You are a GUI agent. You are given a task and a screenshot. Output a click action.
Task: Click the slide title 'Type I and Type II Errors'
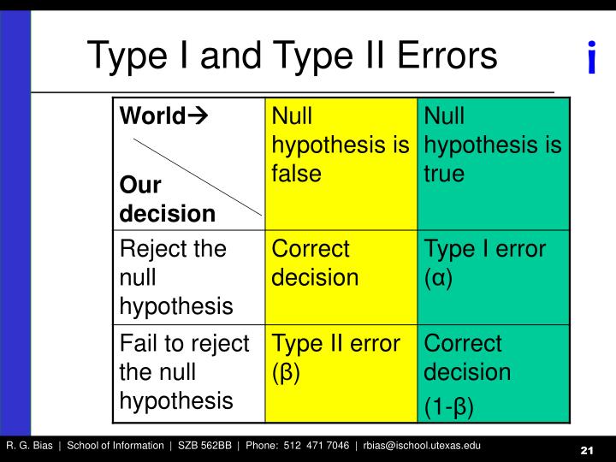click(x=292, y=56)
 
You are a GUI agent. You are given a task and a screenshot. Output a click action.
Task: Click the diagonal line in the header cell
click(x=197, y=175)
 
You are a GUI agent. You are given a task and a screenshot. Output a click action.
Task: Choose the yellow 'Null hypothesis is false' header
click(x=340, y=145)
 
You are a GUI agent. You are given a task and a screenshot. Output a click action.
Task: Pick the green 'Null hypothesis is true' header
click(x=493, y=145)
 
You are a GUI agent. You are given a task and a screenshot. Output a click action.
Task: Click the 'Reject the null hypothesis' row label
click(x=175, y=277)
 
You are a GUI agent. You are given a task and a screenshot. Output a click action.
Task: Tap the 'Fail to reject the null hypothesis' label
click(x=184, y=372)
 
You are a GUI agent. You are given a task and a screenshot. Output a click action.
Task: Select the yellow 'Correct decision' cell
click(x=315, y=263)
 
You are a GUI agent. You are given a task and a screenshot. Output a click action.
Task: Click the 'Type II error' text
click(x=336, y=344)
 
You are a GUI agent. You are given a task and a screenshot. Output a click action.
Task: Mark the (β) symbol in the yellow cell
click(x=286, y=372)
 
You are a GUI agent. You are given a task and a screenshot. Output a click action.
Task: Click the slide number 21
click(x=587, y=451)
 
